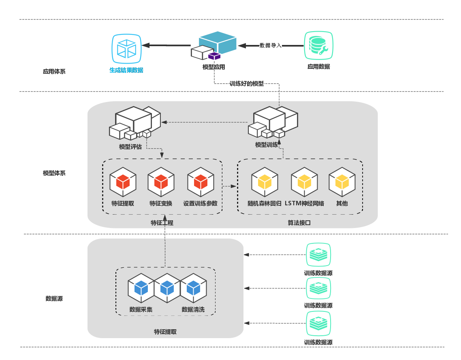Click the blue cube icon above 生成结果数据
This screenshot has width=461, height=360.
(126, 49)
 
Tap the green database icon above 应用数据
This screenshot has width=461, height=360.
(318, 46)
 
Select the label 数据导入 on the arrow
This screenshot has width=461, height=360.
(271, 46)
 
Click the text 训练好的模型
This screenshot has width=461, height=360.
(246, 84)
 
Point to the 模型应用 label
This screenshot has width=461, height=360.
(213, 67)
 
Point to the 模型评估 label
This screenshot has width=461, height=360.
(130, 147)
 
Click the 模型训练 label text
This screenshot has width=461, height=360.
(266, 145)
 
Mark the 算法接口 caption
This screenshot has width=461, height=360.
(299, 222)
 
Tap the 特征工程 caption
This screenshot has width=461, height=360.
(162, 222)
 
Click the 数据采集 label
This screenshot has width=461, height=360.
(141, 310)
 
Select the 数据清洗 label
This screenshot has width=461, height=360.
(193, 310)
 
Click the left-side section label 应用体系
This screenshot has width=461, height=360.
(54, 71)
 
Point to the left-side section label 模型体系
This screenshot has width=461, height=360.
(54, 173)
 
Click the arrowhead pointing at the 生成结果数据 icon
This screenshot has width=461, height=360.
(145, 45)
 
